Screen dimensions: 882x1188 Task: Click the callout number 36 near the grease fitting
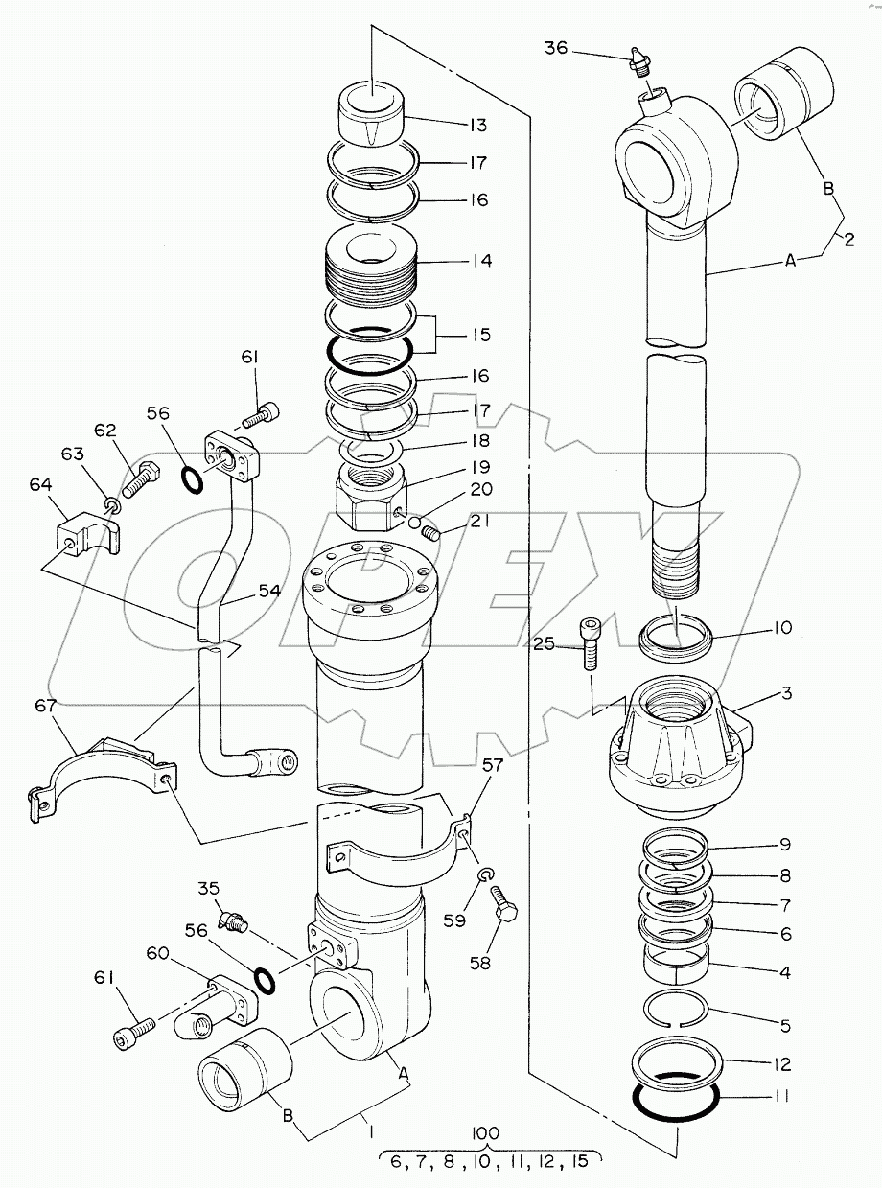556,48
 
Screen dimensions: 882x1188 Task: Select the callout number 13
478,126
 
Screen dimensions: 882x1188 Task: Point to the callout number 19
480,467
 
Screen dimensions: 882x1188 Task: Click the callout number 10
783,627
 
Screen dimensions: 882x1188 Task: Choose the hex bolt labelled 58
503,910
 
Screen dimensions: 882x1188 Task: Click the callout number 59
454,920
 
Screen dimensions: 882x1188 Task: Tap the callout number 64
40,485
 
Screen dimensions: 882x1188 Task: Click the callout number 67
45,706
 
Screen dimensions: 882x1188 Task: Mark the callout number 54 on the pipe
270,591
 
